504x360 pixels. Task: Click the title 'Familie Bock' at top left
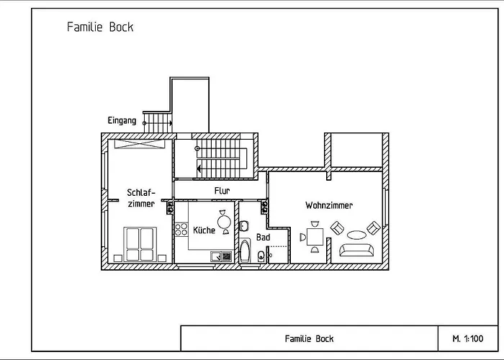(x=99, y=27)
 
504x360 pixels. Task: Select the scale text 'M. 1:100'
(x=467, y=338)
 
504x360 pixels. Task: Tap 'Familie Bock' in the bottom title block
(x=309, y=338)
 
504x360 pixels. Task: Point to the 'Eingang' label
(x=122, y=120)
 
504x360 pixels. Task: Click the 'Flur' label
(x=222, y=191)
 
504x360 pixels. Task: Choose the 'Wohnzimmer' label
(x=329, y=205)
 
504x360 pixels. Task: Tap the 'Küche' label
(x=204, y=230)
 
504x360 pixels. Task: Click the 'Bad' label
(x=263, y=237)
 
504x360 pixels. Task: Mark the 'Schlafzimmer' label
(x=140, y=198)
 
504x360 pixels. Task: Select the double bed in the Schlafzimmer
(x=140, y=243)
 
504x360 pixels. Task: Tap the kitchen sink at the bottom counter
(x=220, y=256)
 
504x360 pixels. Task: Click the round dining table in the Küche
(x=225, y=222)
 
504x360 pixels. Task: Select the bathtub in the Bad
(x=246, y=253)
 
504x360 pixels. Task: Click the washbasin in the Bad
(x=244, y=226)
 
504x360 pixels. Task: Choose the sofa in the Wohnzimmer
(x=356, y=250)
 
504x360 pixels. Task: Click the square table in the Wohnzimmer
(x=315, y=237)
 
